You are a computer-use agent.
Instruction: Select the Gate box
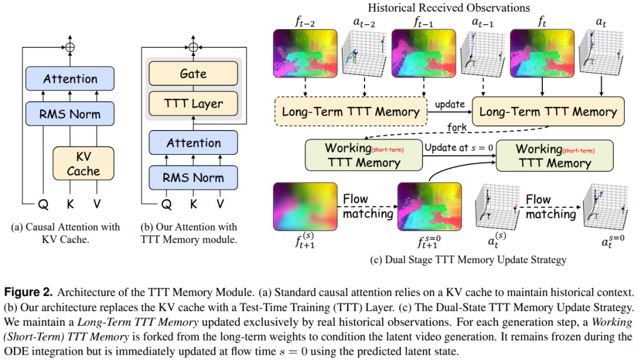pyautogui.click(x=193, y=74)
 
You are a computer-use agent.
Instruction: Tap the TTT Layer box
pyautogui.click(x=193, y=104)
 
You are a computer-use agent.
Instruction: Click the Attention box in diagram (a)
pyautogui.click(x=70, y=79)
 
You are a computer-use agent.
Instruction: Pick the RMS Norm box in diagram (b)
pyautogui.click(x=193, y=177)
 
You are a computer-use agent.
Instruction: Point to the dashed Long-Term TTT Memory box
pyautogui.click(x=351, y=112)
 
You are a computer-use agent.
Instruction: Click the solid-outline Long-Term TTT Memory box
pyautogui.click(x=548, y=112)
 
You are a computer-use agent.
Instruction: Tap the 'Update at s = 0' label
pyautogui.click(x=457, y=147)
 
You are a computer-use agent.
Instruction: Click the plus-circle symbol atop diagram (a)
pyautogui.click(x=70, y=46)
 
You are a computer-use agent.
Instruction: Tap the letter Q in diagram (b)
pyautogui.click(x=167, y=205)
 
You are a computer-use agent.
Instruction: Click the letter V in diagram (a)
pyautogui.click(x=97, y=205)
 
